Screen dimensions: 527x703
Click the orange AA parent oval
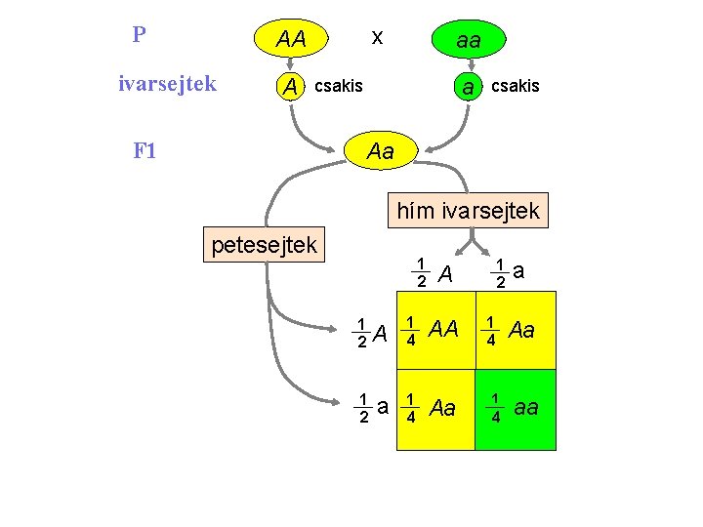(291, 40)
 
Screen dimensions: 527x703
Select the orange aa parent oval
(469, 41)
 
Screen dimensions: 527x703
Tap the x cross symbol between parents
(377, 37)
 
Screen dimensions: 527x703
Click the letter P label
(140, 35)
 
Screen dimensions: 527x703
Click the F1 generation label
(145, 151)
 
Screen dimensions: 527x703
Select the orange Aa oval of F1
(380, 151)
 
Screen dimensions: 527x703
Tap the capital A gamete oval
(290, 87)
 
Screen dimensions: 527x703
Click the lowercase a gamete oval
(469, 87)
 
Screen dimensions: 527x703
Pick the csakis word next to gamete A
(338, 86)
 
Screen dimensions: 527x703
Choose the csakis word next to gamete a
(515, 86)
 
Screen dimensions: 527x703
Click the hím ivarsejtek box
(468, 210)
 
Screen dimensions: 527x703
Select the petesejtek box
(265, 244)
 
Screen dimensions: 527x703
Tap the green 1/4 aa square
(516, 409)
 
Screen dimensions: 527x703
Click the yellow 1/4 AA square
(434, 330)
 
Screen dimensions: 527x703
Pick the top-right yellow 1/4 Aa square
(516, 330)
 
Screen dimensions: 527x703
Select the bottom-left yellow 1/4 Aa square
(434, 409)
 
